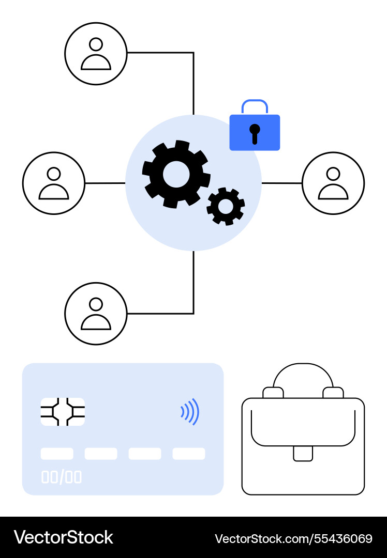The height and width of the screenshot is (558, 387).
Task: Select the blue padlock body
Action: (x=255, y=132)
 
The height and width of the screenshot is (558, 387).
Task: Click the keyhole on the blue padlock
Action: (x=255, y=134)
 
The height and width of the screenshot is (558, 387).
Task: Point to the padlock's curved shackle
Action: (x=255, y=101)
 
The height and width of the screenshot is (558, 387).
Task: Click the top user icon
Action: (x=96, y=54)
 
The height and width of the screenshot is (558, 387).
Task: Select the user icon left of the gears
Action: (x=54, y=183)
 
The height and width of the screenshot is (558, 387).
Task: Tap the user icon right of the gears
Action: (x=333, y=183)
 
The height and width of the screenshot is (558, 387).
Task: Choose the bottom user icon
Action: (x=96, y=314)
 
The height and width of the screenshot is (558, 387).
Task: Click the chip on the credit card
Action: (x=63, y=412)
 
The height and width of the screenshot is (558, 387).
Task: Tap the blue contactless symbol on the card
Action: (x=190, y=412)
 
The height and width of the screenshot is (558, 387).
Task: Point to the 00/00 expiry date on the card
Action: (x=61, y=477)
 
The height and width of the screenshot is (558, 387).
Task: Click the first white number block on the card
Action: (x=57, y=454)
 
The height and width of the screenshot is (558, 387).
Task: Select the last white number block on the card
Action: (x=189, y=454)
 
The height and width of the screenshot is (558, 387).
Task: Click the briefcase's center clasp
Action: (x=303, y=454)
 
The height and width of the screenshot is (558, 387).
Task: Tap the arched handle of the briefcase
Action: (x=303, y=364)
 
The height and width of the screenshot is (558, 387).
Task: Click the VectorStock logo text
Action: (x=64, y=537)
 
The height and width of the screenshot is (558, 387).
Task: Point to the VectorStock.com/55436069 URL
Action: (x=293, y=538)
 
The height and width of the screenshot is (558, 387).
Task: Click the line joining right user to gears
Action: (x=282, y=183)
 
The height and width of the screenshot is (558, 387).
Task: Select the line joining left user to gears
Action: (x=105, y=183)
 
